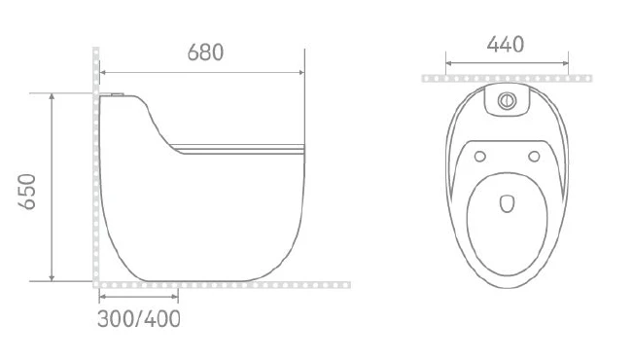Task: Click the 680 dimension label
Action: [205, 53]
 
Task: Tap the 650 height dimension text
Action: [27, 192]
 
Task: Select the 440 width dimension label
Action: [506, 44]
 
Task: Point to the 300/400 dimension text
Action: [139, 319]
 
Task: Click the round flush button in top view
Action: [507, 100]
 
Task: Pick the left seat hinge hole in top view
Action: [480, 156]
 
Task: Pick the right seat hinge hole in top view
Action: [534, 156]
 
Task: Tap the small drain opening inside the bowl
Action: [507, 204]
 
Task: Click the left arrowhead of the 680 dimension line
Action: [102, 72]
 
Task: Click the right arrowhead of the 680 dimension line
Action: [301, 72]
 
